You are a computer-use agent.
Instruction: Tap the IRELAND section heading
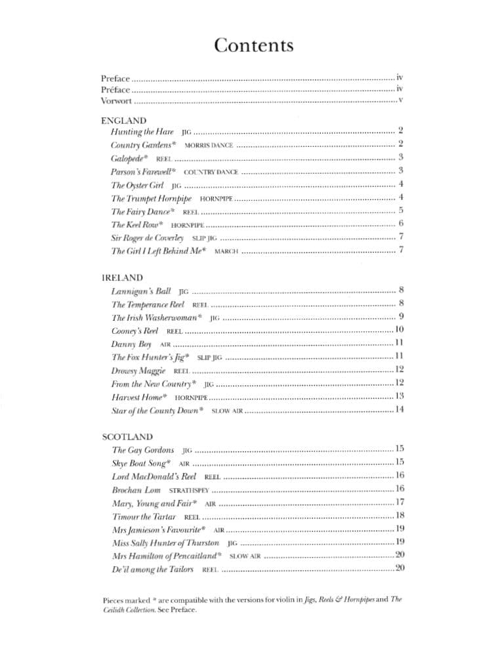point(123,278)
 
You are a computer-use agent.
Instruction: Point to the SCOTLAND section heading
point(127,436)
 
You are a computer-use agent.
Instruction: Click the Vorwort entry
point(117,101)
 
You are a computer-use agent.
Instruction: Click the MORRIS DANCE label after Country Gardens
point(209,144)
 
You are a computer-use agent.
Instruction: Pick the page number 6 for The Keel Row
point(400,224)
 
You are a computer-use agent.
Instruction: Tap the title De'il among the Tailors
point(153,569)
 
